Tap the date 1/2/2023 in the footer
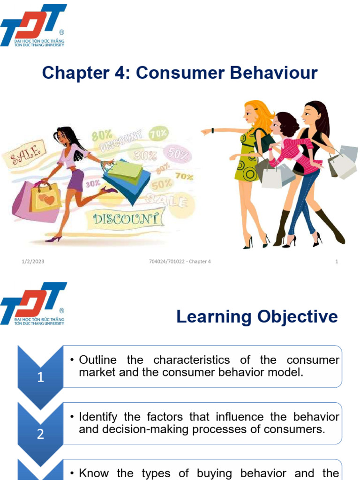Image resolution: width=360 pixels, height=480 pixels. (x=33, y=262)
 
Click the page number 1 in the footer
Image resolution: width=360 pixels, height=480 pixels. (x=337, y=262)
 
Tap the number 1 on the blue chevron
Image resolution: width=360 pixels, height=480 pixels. (x=40, y=377)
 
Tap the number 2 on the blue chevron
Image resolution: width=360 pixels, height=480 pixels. (x=40, y=434)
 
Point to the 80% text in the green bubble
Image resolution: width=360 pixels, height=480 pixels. (x=102, y=136)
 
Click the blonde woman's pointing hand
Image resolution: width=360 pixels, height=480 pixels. (x=206, y=132)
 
